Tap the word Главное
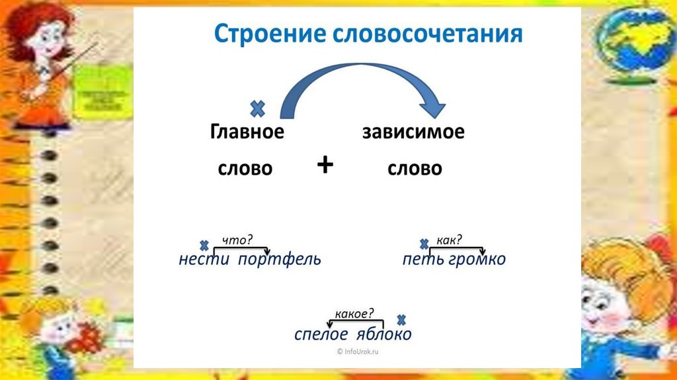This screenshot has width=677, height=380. pyautogui.click(x=247, y=132)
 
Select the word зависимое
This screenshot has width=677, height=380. pyautogui.click(x=413, y=132)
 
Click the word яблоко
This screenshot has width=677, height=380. pyautogui.click(x=384, y=334)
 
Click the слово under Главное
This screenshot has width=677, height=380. pyautogui.click(x=245, y=169)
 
